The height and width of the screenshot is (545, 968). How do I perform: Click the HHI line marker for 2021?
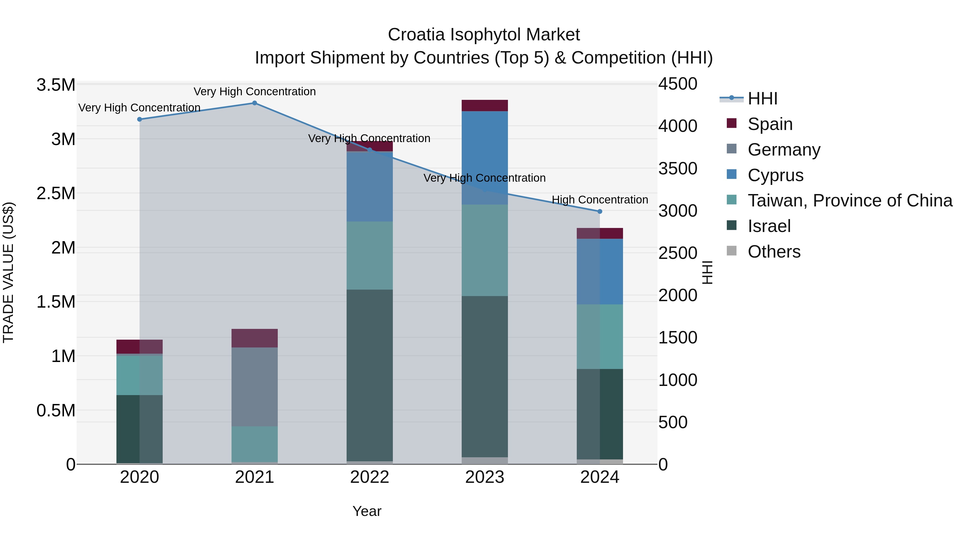(x=254, y=103)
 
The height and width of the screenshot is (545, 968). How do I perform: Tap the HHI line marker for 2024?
(x=600, y=211)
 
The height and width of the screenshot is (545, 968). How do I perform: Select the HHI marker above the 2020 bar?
(x=139, y=119)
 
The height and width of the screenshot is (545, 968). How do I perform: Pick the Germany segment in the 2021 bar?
(x=254, y=387)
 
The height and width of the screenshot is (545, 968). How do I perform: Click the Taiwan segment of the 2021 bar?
(x=254, y=444)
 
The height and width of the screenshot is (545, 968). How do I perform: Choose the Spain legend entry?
(x=770, y=124)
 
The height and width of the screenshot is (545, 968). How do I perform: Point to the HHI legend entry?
(x=763, y=99)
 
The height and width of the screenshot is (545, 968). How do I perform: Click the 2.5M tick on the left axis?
(x=56, y=194)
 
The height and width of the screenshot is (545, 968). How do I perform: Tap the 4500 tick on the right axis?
(x=678, y=84)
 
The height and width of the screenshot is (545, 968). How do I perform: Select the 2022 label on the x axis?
(x=369, y=477)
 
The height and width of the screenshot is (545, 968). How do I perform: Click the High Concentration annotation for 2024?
(x=600, y=200)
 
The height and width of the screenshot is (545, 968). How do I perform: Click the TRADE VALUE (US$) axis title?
(x=8, y=272)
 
